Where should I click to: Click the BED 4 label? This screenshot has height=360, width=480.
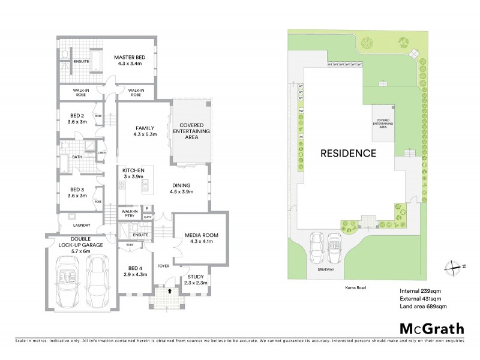[x=132, y=271]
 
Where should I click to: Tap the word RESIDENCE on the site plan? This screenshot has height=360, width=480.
[x=348, y=153]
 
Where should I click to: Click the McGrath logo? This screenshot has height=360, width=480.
[x=431, y=328]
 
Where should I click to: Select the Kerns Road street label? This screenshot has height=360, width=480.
[x=355, y=287]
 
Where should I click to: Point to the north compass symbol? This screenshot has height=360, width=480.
[x=455, y=266]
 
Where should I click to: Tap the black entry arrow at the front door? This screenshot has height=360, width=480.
[x=169, y=290]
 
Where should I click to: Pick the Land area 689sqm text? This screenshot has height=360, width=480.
[x=424, y=307]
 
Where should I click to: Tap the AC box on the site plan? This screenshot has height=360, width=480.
[x=301, y=136]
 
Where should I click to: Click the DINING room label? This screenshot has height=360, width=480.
[x=181, y=189]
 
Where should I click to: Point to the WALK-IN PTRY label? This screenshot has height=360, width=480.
[x=130, y=213]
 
